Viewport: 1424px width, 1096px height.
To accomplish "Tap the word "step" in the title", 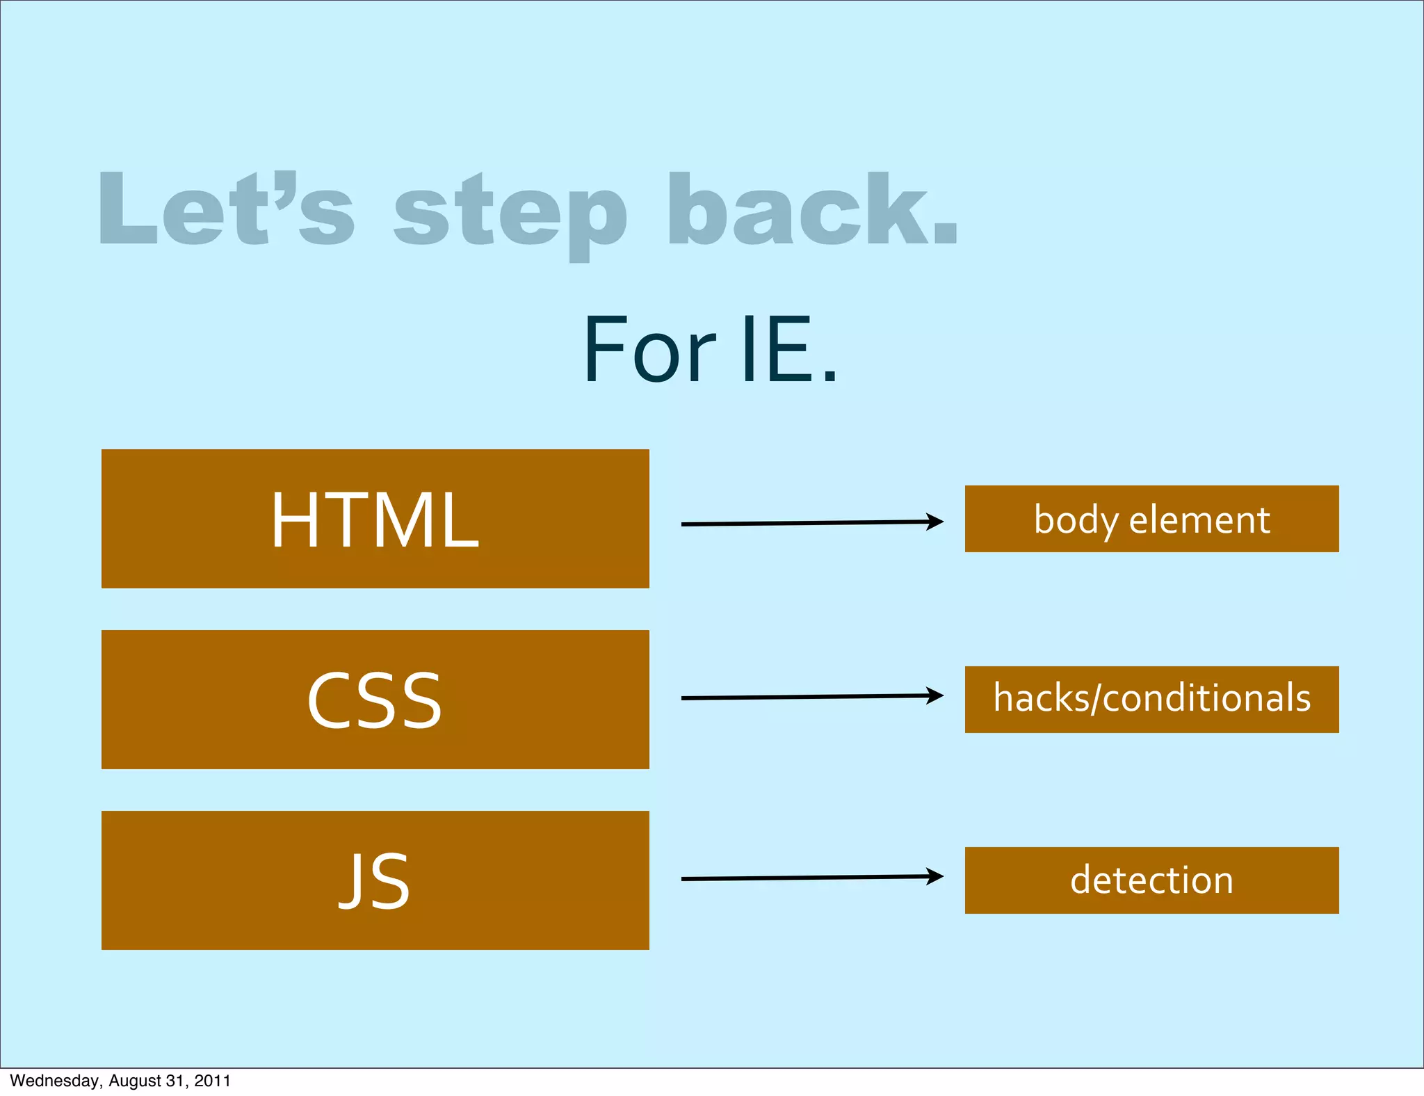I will point(511,212).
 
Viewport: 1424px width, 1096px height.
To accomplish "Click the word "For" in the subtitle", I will point(649,350).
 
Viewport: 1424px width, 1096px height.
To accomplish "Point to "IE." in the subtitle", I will point(789,350).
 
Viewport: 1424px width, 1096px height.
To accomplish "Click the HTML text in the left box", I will point(375,520).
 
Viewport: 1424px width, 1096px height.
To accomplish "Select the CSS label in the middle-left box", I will point(375,700).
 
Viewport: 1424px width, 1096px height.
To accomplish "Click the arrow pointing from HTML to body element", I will point(807,523).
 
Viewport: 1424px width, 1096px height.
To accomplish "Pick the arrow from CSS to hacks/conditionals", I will point(807,697).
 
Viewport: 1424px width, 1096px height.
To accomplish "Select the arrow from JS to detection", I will point(807,878).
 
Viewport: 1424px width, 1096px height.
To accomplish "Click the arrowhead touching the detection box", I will point(935,876).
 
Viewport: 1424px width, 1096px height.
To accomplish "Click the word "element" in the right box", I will point(1199,520).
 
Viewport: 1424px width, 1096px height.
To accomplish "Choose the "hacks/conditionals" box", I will point(1151,699).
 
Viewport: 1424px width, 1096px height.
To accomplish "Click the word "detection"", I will point(1151,880).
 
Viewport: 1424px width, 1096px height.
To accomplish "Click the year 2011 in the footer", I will point(212,1081).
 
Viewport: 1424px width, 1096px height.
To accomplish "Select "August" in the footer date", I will point(135,1081).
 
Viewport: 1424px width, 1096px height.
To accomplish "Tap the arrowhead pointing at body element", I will point(935,522).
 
